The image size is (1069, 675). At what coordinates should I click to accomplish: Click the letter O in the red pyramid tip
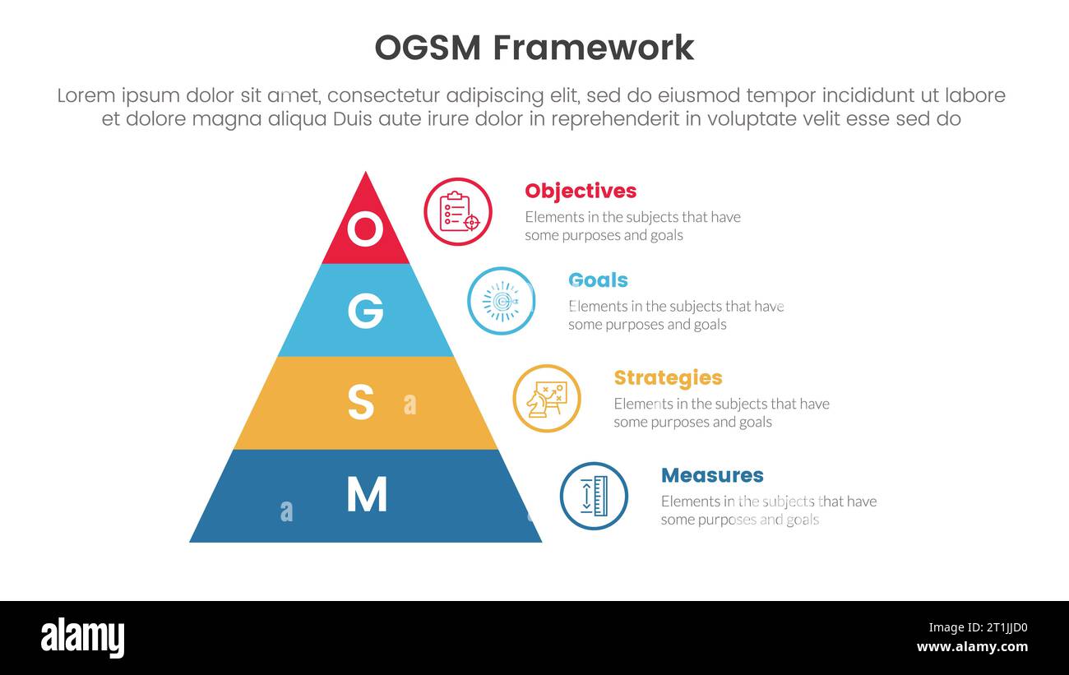[x=365, y=229]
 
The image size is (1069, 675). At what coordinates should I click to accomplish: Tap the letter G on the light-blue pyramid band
[x=365, y=311]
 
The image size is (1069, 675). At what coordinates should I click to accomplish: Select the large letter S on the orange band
[x=361, y=403]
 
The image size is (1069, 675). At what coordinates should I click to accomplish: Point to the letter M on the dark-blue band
[x=366, y=495]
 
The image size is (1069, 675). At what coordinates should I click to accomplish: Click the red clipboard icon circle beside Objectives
[x=458, y=211]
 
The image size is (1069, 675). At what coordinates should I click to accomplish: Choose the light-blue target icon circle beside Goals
[x=501, y=301]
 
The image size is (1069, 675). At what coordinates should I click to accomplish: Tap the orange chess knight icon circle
[x=547, y=398]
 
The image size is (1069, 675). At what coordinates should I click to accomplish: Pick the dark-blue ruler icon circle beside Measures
[x=594, y=496]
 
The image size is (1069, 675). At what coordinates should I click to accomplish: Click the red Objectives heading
[x=581, y=191]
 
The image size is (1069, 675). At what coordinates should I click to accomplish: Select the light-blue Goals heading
[x=598, y=280]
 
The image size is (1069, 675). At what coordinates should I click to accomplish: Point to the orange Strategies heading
[x=668, y=377]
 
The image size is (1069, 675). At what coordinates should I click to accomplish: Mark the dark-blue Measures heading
[x=712, y=475]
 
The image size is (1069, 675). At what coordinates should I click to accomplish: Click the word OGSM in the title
[x=428, y=48]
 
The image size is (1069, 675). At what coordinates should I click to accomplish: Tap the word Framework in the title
[x=594, y=48]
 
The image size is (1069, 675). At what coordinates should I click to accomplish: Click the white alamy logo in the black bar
[x=83, y=638]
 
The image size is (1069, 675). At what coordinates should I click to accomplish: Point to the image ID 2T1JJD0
[x=994, y=627]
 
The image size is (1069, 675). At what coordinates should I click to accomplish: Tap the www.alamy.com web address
[x=972, y=647]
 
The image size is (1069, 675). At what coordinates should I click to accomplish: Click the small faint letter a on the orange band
[x=410, y=405]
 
